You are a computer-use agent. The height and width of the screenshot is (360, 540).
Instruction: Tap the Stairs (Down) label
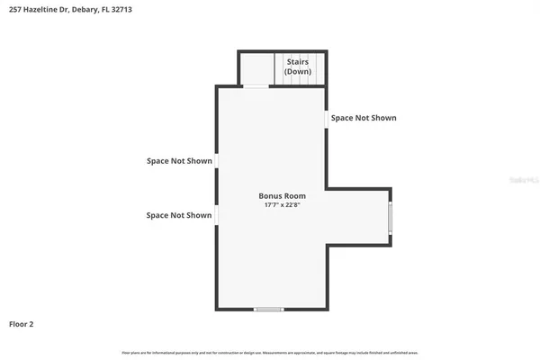point(299,67)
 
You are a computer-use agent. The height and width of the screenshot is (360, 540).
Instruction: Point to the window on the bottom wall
point(268,310)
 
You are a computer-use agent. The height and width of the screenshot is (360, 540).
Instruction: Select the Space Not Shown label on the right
point(363,118)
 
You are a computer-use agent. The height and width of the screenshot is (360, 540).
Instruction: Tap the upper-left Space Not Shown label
point(179,161)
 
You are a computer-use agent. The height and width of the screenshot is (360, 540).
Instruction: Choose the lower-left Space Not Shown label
point(179,215)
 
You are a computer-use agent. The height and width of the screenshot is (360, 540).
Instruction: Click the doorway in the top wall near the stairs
point(256,86)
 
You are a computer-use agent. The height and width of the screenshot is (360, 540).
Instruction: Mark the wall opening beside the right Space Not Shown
point(325,118)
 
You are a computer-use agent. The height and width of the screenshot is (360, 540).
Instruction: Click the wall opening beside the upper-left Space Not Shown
point(216,161)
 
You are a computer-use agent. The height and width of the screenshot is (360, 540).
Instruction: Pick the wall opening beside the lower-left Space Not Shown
point(216,215)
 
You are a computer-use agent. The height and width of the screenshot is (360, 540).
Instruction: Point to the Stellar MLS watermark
point(520,180)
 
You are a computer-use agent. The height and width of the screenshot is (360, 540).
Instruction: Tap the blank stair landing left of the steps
point(256,68)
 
